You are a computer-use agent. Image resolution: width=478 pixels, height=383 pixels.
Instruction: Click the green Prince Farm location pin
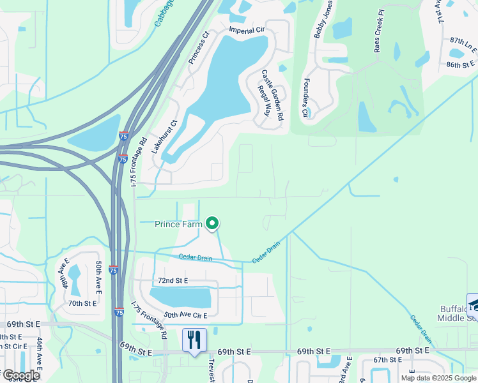[213, 223]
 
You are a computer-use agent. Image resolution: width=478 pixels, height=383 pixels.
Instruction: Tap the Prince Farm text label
[178, 224]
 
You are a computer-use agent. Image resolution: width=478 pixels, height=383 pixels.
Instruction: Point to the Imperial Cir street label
[246, 31]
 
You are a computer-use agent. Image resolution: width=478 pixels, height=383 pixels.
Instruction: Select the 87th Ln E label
[463, 40]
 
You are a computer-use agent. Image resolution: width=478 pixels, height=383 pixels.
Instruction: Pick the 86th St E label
[461, 64]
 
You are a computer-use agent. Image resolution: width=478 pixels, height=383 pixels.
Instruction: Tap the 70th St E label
[83, 303]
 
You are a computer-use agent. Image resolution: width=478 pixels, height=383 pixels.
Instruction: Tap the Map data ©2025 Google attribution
[438, 378]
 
